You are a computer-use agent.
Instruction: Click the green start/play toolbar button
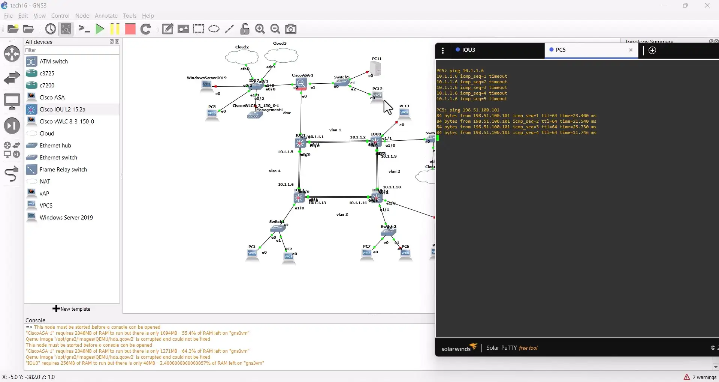click(100, 29)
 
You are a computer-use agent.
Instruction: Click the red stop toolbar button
click(130, 29)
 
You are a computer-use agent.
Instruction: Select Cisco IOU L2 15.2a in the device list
click(62, 110)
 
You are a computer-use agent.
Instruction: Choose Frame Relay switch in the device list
click(63, 170)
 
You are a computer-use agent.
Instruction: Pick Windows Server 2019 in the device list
click(66, 218)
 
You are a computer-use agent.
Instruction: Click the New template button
click(72, 309)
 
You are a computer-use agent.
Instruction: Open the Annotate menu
click(106, 16)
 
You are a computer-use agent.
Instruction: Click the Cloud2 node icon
click(242, 57)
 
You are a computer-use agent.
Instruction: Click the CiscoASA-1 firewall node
click(301, 84)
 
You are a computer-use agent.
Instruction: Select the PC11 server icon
click(375, 68)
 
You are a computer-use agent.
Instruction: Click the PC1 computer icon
click(252, 254)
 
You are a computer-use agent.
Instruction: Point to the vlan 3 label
click(342, 215)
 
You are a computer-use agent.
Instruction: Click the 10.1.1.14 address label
click(357, 203)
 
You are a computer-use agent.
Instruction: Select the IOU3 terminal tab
click(468, 50)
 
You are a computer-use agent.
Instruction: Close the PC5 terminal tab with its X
click(631, 50)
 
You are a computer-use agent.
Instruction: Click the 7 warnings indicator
click(700, 377)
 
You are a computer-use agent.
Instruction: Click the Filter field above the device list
click(71, 50)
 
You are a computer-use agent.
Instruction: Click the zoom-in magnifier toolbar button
click(260, 29)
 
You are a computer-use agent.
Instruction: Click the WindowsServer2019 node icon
click(206, 86)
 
